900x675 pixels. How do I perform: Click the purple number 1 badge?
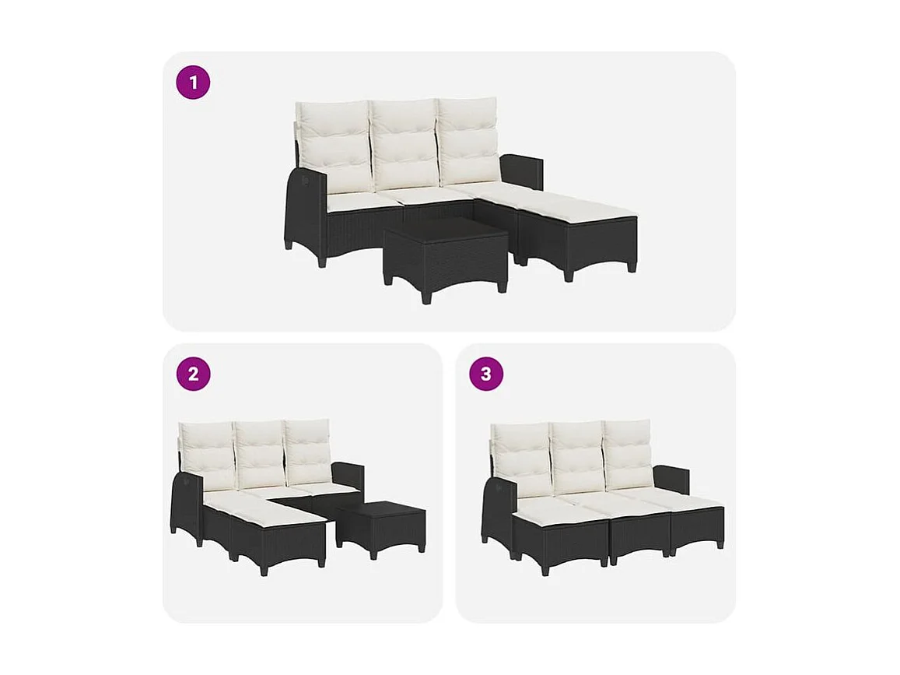[193, 82]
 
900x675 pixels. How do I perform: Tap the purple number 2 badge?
[193, 374]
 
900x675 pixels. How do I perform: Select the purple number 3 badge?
[486, 374]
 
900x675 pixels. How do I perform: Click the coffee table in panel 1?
[444, 253]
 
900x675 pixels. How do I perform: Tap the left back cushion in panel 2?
[208, 455]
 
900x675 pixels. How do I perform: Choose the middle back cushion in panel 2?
[261, 453]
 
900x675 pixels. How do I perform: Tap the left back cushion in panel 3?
[522, 458]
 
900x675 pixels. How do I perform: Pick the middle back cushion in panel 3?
[577, 455]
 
